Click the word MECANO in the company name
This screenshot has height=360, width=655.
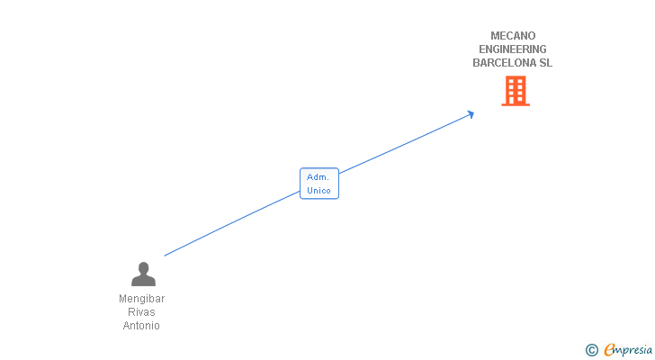513,36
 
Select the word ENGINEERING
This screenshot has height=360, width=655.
513,49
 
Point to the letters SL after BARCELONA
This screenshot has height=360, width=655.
546,63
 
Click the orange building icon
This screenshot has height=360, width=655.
516,90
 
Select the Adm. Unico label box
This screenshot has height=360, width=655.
319,184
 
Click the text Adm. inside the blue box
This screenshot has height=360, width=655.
318,177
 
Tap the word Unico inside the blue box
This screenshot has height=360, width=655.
319,191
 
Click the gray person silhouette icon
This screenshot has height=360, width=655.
143,274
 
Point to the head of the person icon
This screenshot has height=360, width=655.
143,267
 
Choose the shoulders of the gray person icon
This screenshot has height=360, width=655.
143,282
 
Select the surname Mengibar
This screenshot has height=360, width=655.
142,299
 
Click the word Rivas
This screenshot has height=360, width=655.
142,312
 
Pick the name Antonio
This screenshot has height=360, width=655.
141,326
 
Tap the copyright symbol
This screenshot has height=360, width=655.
591,350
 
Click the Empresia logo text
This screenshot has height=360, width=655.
630,350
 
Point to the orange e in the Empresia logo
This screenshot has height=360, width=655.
610,350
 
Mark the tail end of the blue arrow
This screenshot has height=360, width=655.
165,256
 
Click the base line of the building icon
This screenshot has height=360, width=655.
516,104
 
